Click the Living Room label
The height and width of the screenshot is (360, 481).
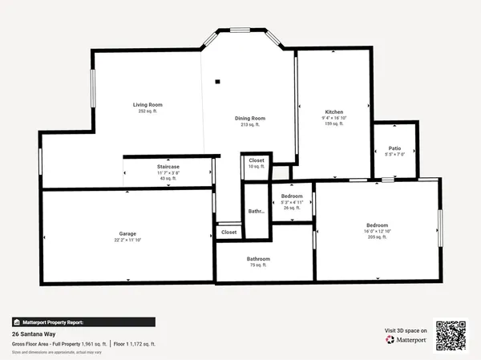pos(148,105)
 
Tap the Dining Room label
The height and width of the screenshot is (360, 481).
pos(250,118)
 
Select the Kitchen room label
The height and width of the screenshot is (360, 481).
pos(334,111)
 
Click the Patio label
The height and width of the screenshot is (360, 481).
pos(394,148)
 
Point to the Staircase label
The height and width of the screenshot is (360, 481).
pos(168,166)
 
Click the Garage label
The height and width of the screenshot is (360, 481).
pos(127,233)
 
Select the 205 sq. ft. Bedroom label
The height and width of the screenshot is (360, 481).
pos(378,225)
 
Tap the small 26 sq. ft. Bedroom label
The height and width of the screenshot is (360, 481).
pos(292,196)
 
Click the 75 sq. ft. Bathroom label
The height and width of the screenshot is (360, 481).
pos(258,259)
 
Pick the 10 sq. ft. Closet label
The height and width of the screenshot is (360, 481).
pos(257,160)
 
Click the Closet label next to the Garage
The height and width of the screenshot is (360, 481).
pos(229,232)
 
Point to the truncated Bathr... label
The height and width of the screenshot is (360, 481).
pos(257,212)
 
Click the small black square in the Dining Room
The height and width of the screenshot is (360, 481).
pos(216,80)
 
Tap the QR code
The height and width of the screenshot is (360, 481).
pos(450,334)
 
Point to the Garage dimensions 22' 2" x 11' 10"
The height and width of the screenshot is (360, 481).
pos(127,240)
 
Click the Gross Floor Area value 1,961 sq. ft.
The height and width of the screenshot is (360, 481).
pos(91,343)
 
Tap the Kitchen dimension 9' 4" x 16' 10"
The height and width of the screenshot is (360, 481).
pos(334,118)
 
